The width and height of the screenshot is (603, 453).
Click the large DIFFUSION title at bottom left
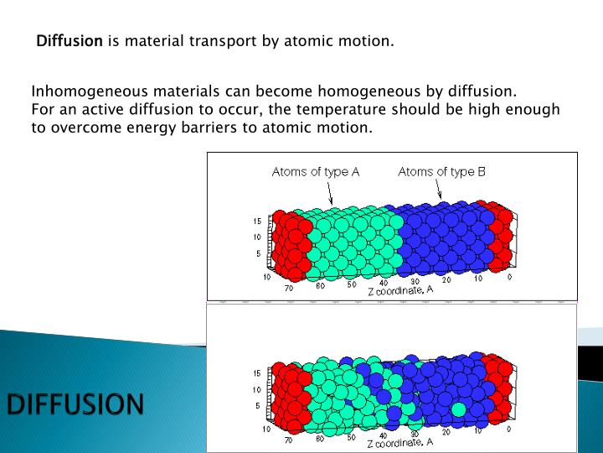pyautogui.click(x=75, y=404)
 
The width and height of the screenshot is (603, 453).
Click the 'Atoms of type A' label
pyautogui.click(x=315, y=172)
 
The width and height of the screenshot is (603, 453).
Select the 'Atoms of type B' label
pyautogui.click(x=441, y=172)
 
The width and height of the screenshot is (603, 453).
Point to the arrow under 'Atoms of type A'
pyautogui.click(x=331, y=194)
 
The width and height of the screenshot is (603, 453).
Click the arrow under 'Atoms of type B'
pyautogui.click(x=439, y=192)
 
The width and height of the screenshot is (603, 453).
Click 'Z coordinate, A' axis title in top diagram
pyautogui.click(x=399, y=289)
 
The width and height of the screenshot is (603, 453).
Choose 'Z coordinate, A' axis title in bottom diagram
pyautogui.click(x=399, y=441)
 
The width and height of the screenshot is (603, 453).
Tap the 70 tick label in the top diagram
pyautogui.click(x=288, y=288)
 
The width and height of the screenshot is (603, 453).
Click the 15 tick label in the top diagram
pyautogui.click(x=257, y=221)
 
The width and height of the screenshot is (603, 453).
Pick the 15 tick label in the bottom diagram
pyautogui.click(x=257, y=372)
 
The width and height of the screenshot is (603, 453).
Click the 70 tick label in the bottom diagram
pyautogui.click(x=288, y=439)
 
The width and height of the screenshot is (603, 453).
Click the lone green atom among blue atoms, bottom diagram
pyautogui.click(x=458, y=409)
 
